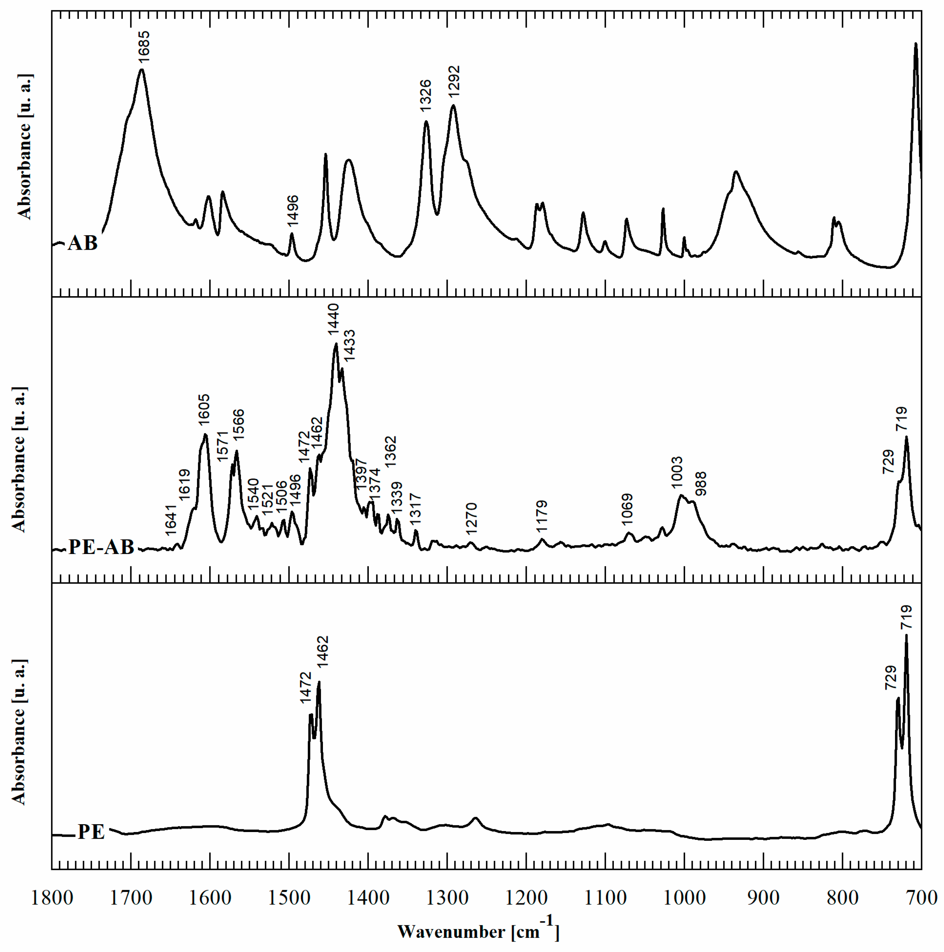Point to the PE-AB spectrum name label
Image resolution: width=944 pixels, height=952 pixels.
coord(101,547)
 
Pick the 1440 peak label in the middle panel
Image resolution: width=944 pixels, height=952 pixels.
coord(334,320)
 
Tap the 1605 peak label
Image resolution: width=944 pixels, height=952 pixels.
coord(204,410)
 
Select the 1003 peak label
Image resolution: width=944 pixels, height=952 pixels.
coord(677,472)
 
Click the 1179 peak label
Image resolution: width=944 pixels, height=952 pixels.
coord(542,516)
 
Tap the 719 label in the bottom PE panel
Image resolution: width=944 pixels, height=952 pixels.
coord(906,617)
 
